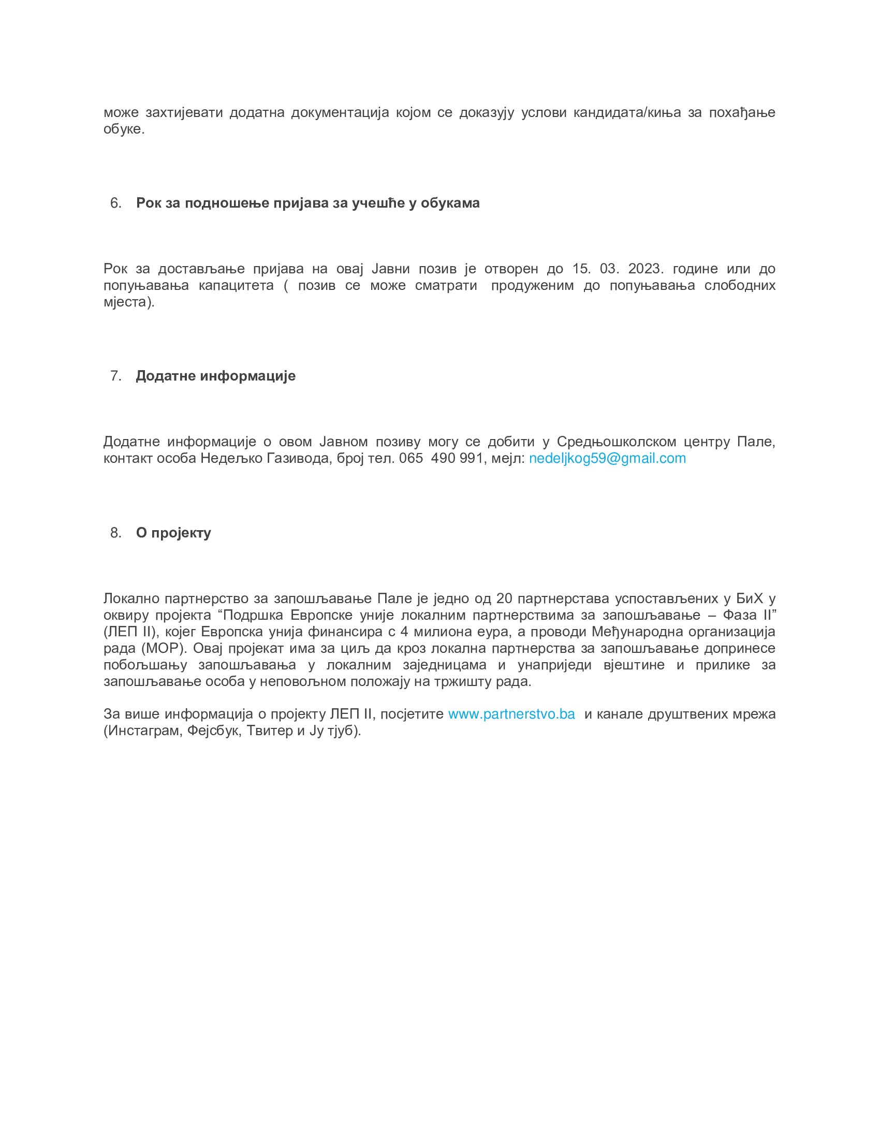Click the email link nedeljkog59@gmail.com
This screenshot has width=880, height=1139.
tap(607, 458)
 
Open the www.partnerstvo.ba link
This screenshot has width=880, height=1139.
tap(511, 714)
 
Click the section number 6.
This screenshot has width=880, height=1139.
tap(115, 203)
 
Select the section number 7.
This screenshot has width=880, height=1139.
tap(115, 376)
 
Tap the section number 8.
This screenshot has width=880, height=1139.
tap(115, 532)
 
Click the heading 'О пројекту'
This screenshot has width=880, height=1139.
tap(173, 533)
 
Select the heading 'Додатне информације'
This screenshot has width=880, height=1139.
tap(215, 376)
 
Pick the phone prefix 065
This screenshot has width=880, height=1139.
tap(411, 458)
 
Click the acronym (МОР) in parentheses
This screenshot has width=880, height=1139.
tap(164, 648)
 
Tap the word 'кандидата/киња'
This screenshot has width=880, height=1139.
tap(627, 113)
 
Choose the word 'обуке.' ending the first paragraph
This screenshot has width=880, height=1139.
tap(124, 129)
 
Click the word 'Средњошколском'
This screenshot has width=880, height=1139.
tap(616, 442)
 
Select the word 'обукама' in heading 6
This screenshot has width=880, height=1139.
tap(450, 203)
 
